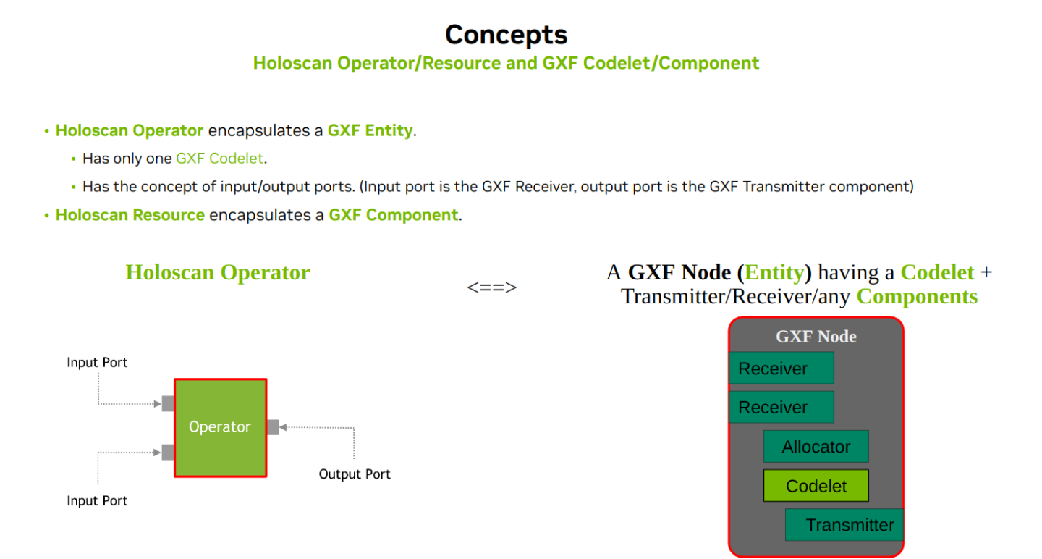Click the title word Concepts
click(506, 35)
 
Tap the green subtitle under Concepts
click(506, 63)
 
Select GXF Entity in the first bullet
click(370, 131)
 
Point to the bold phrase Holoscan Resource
click(130, 215)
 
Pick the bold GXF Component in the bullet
click(393, 215)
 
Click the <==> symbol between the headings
click(492, 287)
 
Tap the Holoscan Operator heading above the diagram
click(217, 273)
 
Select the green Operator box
click(220, 427)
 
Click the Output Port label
click(355, 474)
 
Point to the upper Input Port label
click(97, 362)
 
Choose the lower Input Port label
click(97, 501)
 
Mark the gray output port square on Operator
click(273, 427)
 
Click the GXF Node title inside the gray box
click(816, 337)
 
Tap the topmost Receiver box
click(781, 369)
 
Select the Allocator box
click(816, 447)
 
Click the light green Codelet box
click(816, 486)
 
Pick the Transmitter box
click(844, 525)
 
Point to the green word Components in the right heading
click(917, 297)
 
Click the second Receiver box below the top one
click(781, 408)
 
